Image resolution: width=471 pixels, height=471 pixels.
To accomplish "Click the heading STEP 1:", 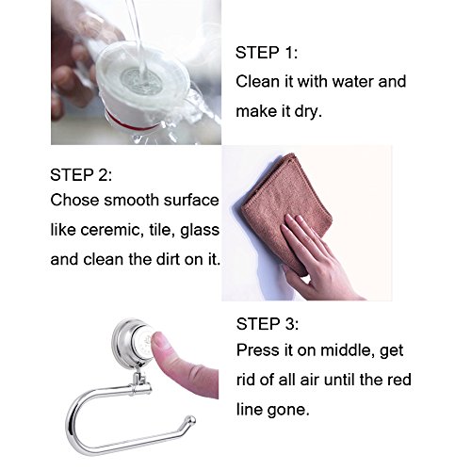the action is tap(267, 53).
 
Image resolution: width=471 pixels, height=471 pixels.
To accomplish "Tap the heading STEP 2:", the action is tap(81, 175).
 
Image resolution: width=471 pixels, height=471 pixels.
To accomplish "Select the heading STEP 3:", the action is tap(268, 324).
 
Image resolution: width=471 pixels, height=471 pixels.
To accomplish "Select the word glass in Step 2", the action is tap(200, 230).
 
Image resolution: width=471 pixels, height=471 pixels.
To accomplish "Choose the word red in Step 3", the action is tap(398, 380).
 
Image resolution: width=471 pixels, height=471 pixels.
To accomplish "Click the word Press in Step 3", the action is tap(258, 350).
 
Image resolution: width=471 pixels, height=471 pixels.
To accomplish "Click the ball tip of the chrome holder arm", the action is tap(190, 420).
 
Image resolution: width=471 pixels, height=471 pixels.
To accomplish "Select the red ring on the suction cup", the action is tap(132, 124).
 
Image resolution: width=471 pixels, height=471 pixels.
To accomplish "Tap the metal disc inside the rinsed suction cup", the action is tap(142, 81).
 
